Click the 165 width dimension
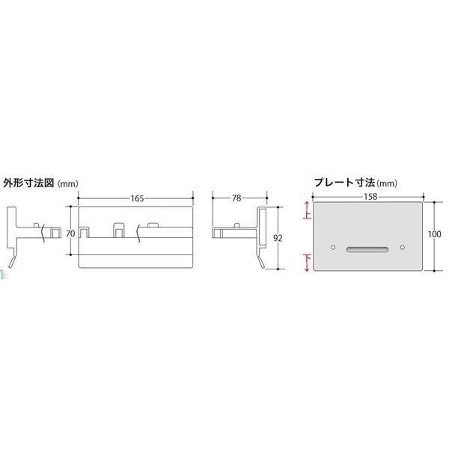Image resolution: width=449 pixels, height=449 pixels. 136,198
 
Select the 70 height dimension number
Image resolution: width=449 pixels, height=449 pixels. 70,233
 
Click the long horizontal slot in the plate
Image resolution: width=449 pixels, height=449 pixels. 366,247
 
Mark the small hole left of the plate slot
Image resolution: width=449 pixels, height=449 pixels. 332,247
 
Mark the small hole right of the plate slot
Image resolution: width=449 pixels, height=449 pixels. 402,247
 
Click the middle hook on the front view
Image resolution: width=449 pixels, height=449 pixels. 118,228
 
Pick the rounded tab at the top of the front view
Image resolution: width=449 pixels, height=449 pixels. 153,224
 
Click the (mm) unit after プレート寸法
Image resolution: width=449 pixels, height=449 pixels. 387,182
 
